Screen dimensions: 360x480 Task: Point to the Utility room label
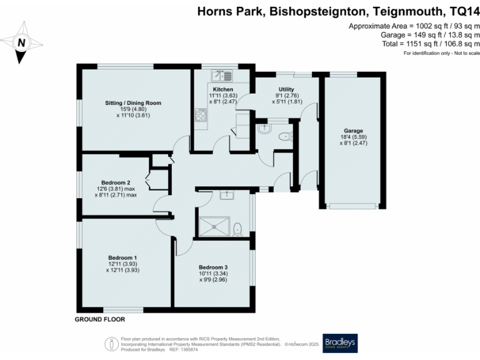[x=287, y=89]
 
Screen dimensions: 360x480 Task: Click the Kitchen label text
[x=222, y=89]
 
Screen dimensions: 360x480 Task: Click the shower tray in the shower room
[x=212, y=225]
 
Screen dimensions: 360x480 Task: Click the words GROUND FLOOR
[x=100, y=320]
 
